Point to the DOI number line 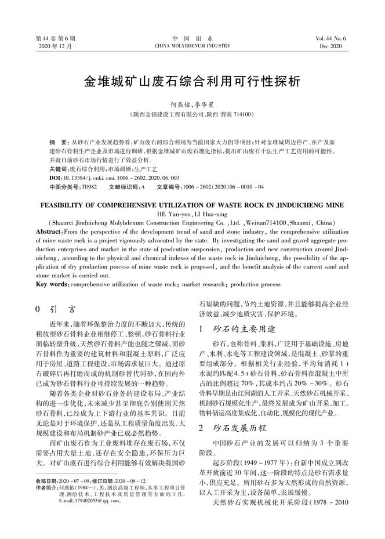tap(115, 178)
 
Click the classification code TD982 tap(89, 187)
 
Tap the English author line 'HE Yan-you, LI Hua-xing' tap(192, 214)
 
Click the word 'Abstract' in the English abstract tap(52, 231)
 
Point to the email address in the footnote tap(81, 500)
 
